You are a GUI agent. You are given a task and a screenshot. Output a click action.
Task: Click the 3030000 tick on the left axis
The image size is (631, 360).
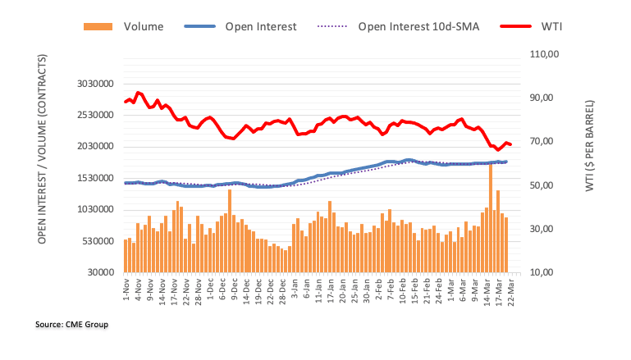[91, 84]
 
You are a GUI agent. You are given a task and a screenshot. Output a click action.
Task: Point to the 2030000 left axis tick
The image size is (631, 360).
[91, 147]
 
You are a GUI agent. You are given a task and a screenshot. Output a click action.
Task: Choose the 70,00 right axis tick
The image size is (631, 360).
[545, 141]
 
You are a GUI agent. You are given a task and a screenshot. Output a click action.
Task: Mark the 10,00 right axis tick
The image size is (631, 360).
[545, 272]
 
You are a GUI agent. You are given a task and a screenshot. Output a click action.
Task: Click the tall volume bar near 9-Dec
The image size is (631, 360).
[230, 230]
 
